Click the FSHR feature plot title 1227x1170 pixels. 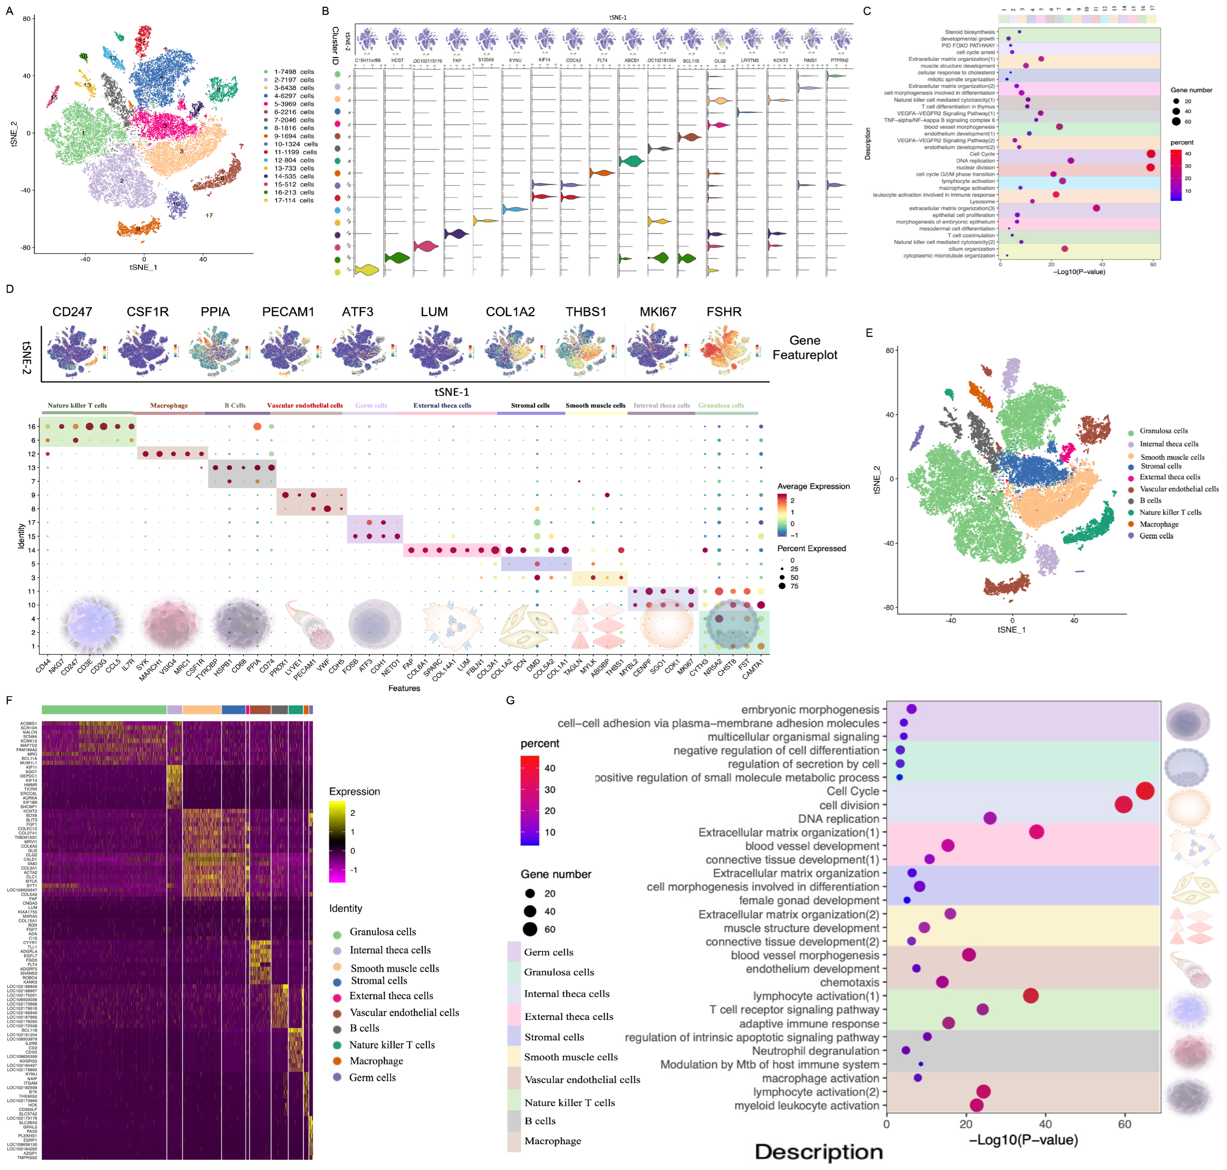tap(724, 312)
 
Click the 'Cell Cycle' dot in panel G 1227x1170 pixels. tap(1145, 791)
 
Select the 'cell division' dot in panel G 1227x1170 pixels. tap(1123, 804)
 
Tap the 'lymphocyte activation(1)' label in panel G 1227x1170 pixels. tap(815, 996)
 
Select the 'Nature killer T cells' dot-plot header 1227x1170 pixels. tap(77, 405)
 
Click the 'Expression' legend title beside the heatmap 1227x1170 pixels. tap(354, 791)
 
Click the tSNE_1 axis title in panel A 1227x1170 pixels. tap(143, 268)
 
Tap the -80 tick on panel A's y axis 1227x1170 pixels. tap(26, 248)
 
